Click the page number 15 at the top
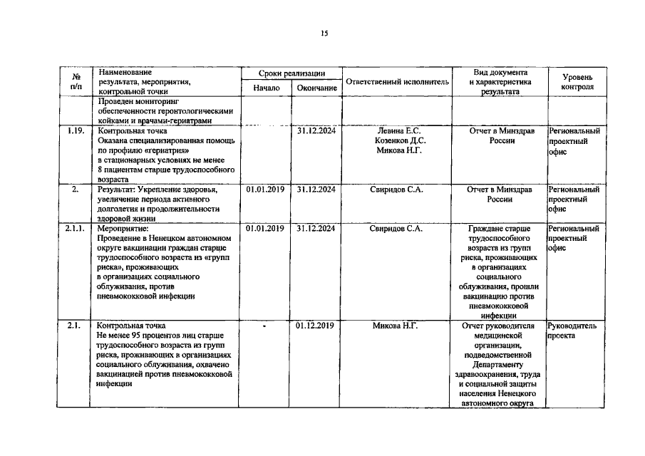(324, 33)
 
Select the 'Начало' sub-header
(267, 88)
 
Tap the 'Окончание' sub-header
(317, 88)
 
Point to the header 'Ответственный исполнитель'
(397, 82)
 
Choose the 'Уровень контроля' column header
(576, 81)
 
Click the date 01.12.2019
(316, 326)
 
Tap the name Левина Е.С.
(398, 131)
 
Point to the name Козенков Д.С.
(398, 141)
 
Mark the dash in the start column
(264, 326)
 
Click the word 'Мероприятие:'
(123, 229)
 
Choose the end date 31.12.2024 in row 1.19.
(316, 131)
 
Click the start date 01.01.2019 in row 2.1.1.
(265, 229)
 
